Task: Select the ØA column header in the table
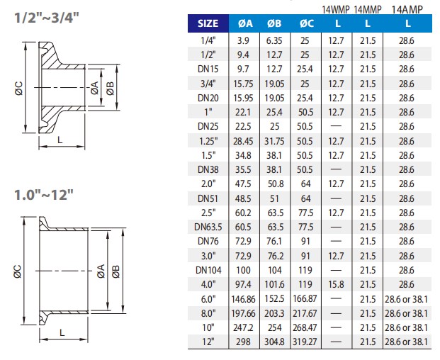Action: coord(243,25)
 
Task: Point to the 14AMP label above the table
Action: coord(407,9)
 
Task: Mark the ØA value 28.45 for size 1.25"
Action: coord(243,141)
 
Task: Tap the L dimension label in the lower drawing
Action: coord(62,331)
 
